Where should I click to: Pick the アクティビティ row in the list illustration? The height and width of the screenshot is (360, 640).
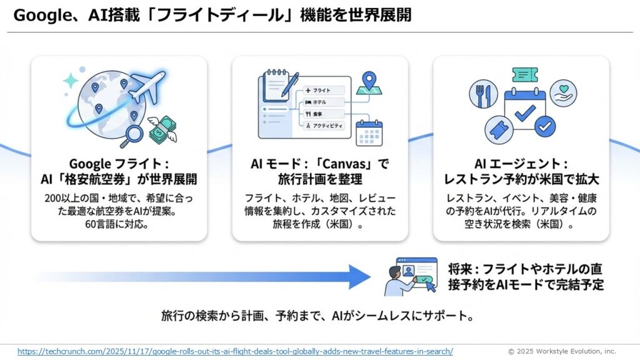[327, 126]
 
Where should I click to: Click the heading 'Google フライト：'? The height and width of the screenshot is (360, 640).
[119, 164]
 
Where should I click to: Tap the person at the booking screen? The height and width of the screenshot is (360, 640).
[395, 280]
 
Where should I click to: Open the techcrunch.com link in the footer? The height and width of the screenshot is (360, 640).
[235, 351]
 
